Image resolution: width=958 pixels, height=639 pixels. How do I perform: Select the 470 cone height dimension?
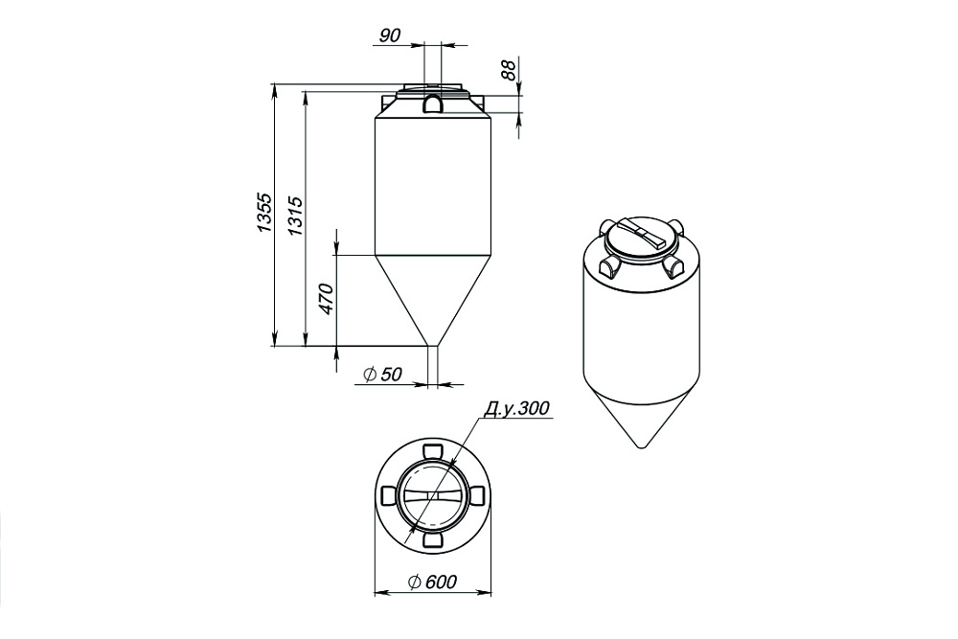[x=326, y=300]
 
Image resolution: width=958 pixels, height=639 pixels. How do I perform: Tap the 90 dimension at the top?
[x=389, y=36]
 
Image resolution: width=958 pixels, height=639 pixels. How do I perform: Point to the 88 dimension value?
[x=509, y=69]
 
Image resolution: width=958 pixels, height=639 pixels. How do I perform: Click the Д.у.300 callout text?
[x=516, y=409]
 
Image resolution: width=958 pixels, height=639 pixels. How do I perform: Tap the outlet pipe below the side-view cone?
[x=433, y=364]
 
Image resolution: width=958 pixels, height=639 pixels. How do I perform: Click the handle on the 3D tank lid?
[x=641, y=235]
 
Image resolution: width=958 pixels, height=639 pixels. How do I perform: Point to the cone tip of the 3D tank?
[x=641, y=445]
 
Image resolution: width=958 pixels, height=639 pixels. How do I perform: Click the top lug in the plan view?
[x=431, y=450]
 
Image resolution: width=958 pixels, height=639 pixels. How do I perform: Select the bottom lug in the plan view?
[x=431, y=541]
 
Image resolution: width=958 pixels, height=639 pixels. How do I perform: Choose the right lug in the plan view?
[x=476, y=495]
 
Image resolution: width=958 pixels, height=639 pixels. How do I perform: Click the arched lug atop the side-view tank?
[x=433, y=100]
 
